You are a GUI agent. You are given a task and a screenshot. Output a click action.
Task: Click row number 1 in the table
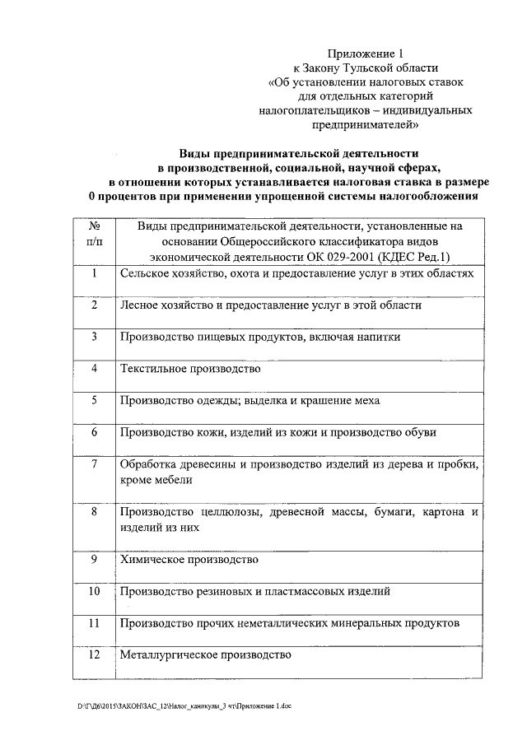pos(95,272)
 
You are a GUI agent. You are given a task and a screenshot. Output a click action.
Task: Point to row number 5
pos(95,400)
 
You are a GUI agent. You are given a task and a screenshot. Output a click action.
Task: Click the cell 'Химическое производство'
pos(189,560)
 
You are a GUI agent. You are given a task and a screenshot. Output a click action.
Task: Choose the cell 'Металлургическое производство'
pos(206,655)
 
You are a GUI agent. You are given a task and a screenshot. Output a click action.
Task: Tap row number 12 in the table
pos(94,654)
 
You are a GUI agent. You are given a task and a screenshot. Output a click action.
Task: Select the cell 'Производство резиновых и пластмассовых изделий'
pos(254,591)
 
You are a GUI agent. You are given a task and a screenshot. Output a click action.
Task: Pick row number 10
pos(94,591)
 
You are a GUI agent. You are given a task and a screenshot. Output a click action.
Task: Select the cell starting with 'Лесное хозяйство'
pos(271,305)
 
